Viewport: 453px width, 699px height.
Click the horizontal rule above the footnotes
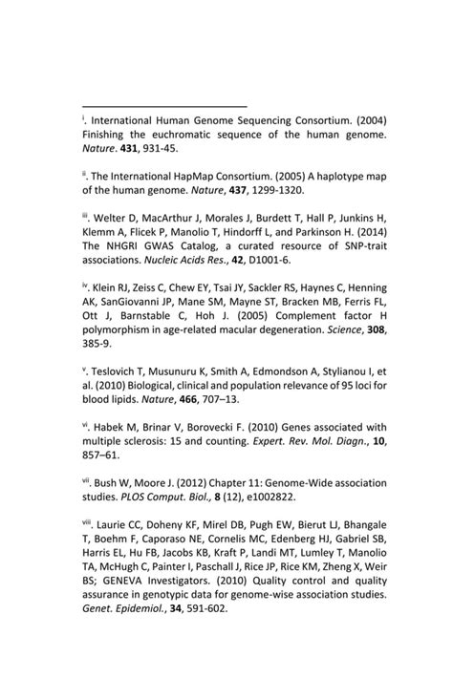(164, 106)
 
